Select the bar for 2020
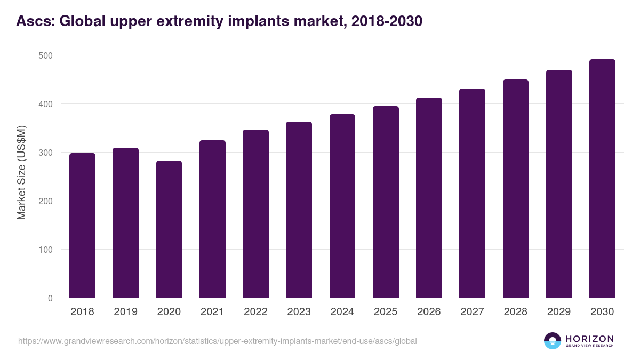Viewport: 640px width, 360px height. pyautogui.click(x=169, y=229)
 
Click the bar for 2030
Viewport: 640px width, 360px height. pyautogui.click(x=602, y=179)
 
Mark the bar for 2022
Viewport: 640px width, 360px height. pyautogui.click(x=255, y=214)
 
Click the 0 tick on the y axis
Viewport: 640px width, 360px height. pyautogui.click(x=50, y=298)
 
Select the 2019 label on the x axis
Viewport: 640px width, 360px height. pyautogui.click(x=125, y=312)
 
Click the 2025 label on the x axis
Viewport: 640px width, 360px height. pyautogui.click(x=386, y=312)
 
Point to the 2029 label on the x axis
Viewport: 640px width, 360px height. pyautogui.click(x=559, y=312)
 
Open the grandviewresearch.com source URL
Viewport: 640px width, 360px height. pyautogui.click(x=218, y=341)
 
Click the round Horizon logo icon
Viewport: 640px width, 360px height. pyautogui.click(x=553, y=341)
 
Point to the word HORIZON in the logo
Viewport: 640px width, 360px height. pyautogui.click(x=589, y=338)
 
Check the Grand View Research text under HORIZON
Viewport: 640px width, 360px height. pyautogui.click(x=589, y=346)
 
